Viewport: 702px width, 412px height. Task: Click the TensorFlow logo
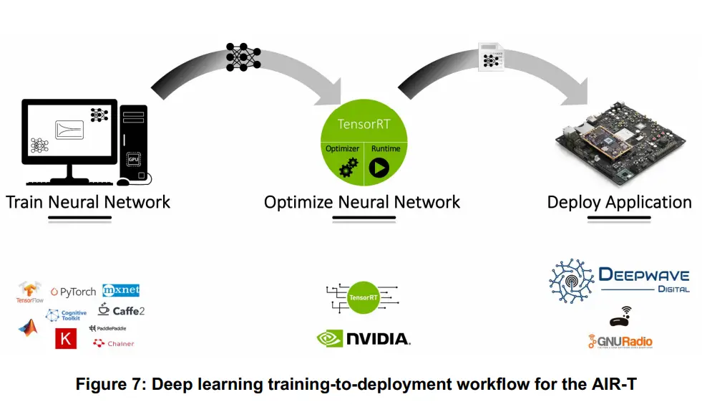click(x=30, y=292)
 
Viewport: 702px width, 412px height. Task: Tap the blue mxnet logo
click(x=120, y=290)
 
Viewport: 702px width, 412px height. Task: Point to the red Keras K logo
click(x=66, y=339)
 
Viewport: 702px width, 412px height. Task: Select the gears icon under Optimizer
click(x=348, y=168)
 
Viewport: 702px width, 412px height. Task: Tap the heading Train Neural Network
click(x=88, y=202)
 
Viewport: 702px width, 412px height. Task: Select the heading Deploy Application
click(x=619, y=202)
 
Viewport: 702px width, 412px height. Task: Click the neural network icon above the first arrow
click(x=243, y=57)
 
